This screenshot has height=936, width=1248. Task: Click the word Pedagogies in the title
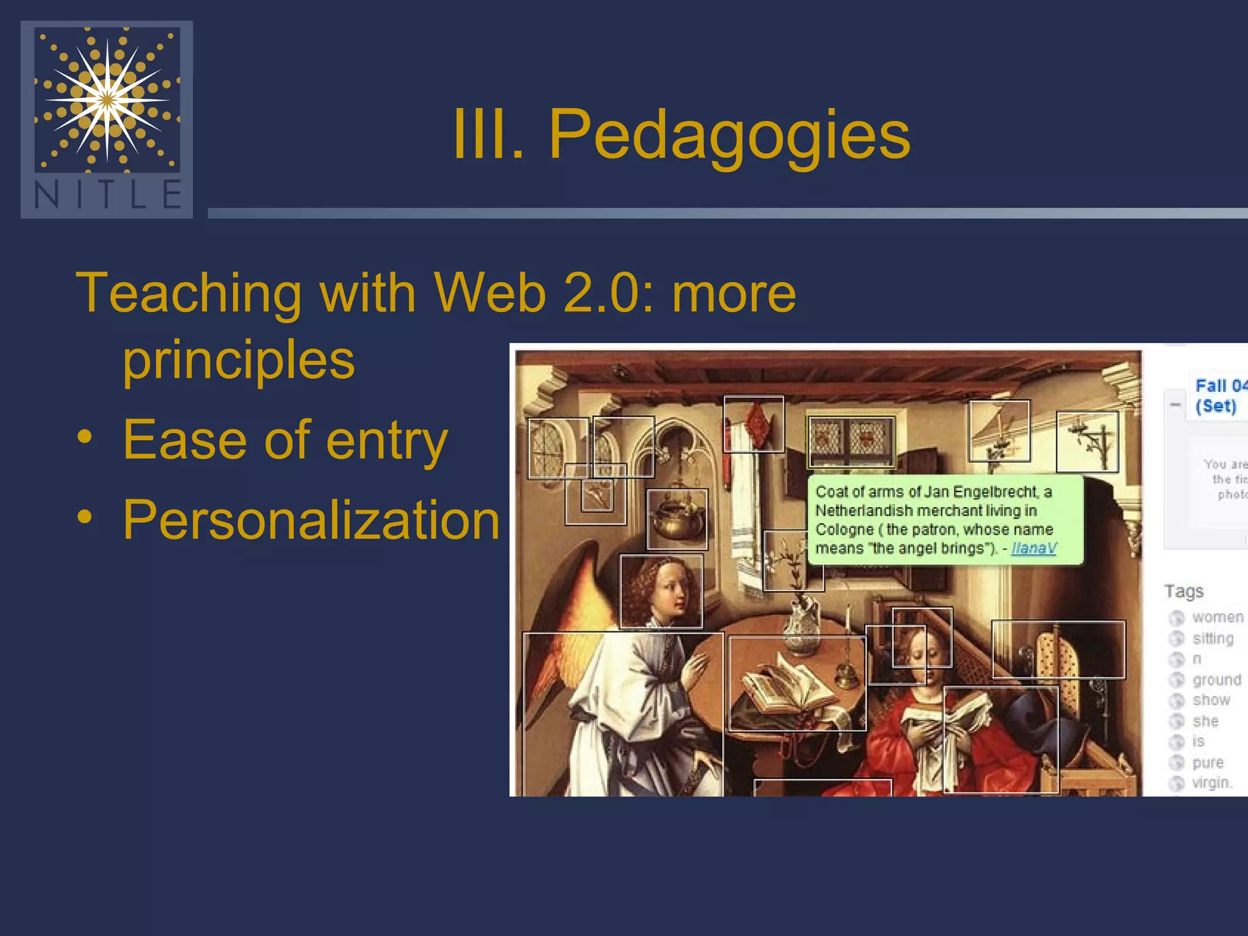729,135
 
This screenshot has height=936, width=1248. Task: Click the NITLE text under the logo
107,195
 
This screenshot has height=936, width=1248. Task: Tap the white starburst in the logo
107,99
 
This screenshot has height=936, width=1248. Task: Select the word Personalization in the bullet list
311,520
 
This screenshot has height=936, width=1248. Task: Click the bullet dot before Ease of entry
85,437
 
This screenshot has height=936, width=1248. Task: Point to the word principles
238,360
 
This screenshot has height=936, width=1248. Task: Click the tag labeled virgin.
1211,782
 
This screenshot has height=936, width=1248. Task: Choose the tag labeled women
1217,617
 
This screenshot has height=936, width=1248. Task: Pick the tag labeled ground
1216,679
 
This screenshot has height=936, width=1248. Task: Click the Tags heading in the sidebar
1183,591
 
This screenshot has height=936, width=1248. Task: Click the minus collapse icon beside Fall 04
1175,405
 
